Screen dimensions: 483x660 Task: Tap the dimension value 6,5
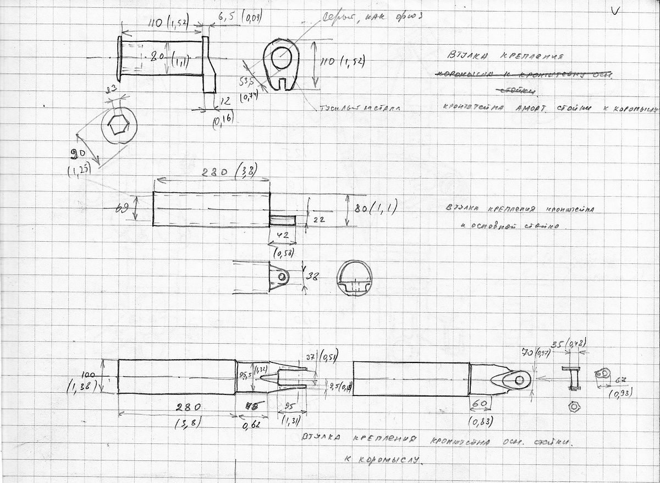[x=226, y=18]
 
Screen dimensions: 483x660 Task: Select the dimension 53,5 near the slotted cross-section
[x=246, y=82]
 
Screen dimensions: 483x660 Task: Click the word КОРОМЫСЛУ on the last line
[x=385, y=460]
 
